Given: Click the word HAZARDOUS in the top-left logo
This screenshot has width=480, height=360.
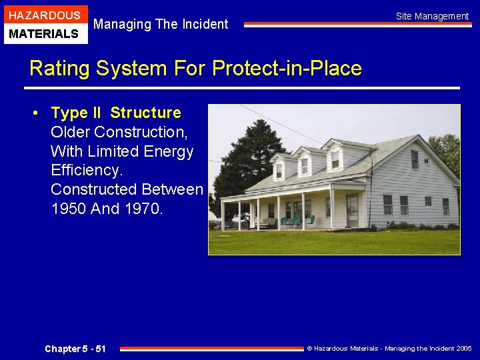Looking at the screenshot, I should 44,15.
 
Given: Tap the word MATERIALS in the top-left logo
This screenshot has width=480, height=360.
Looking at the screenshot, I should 44,33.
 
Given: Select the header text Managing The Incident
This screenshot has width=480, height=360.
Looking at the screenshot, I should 161,25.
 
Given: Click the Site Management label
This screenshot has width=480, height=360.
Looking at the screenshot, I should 432,16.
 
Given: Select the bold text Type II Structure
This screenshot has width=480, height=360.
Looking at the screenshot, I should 116,113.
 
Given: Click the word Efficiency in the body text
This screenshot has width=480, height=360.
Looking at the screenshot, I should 87,171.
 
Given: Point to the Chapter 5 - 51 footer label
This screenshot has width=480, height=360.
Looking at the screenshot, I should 75,349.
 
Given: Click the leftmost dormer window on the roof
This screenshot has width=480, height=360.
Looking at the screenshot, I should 279,171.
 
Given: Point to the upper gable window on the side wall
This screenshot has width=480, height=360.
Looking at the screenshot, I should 415,159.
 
